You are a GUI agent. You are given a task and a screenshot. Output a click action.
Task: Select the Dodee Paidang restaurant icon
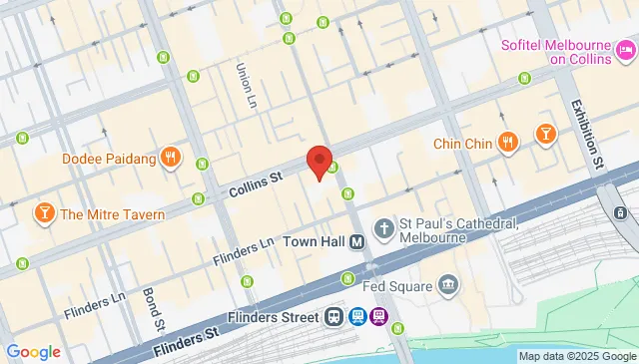pyautogui.click(x=172, y=158)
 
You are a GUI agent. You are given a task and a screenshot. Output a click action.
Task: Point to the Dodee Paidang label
pyautogui.click(x=109, y=159)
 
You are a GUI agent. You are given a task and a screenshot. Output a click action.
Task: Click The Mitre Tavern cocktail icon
pyautogui.click(x=44, y=213)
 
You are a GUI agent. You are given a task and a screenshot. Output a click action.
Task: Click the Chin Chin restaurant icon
pyautogui.click(x=508, y=144)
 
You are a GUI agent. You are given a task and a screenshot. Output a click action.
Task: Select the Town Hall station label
pyautogui.click(x=313, y=242)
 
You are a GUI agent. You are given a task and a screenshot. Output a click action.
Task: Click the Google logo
pyautogui.click(x=33, y=351)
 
